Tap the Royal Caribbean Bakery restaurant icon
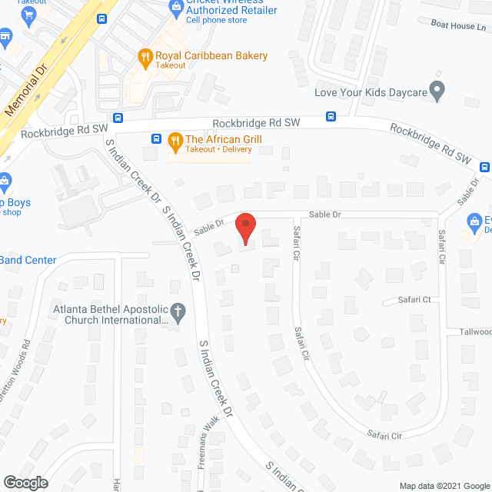[x=144, y=56]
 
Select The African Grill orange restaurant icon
[x=175, y=140]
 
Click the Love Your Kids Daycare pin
[x=437, y=92]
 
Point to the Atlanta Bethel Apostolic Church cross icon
[x=178, y=313]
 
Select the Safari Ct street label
[x=414, y=300]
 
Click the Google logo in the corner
[x=25, y=482]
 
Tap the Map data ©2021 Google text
[x=444, y=485]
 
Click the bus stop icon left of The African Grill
[x=156, y=139]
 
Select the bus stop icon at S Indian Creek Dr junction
[x=118, y=118]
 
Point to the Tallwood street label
[x=477, y=332]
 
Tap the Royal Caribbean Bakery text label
[x=211, y=55]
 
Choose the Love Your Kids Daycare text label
[x=371, y=92]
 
